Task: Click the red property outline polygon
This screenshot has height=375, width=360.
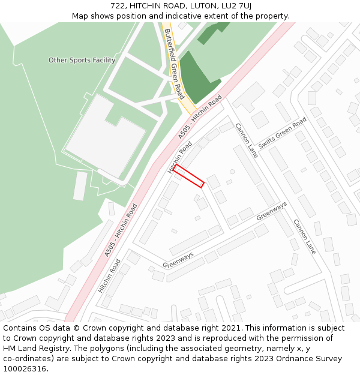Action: click(189, 176)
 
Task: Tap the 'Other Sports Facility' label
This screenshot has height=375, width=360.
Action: click(82, 60)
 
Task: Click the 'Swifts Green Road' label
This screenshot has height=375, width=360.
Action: click(283, 133)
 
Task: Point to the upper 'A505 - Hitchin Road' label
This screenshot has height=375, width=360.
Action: click(200, 117)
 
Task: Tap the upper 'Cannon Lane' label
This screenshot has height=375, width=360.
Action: click(246, 140)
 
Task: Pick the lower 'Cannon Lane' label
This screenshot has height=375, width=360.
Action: click(304, 236)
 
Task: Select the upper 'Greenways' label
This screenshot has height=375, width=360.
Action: click(272, 211)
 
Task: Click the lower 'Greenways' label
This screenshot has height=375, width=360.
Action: click(178, 260)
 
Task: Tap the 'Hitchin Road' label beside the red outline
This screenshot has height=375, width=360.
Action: click(180, 157)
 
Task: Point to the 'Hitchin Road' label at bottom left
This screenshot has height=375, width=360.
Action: click(109, 275)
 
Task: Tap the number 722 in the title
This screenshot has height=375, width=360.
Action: click(118, 6)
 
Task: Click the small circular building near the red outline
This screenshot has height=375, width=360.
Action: click(232, 172)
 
